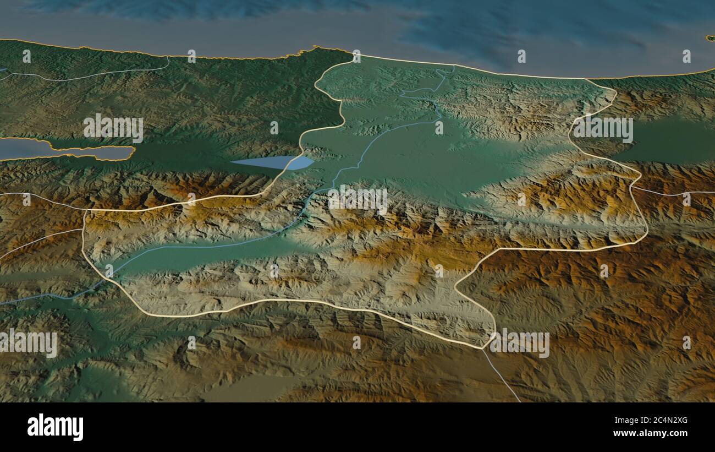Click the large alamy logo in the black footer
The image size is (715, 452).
[x=55, y=427]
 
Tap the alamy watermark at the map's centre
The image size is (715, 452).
[x=358, y=200]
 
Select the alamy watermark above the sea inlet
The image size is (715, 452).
[x=113, y=128]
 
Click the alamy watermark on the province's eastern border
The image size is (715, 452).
[x=603, y=128]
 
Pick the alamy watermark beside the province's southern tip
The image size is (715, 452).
[x=520, y=344]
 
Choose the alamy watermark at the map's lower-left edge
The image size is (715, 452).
[x=29, y=344]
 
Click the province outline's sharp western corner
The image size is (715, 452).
[x=85, y=211]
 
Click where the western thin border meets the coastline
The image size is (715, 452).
[x=168, y=57]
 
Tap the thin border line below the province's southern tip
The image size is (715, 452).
[x=501, y=374]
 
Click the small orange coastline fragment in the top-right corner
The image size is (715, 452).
[x=710, y=37]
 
